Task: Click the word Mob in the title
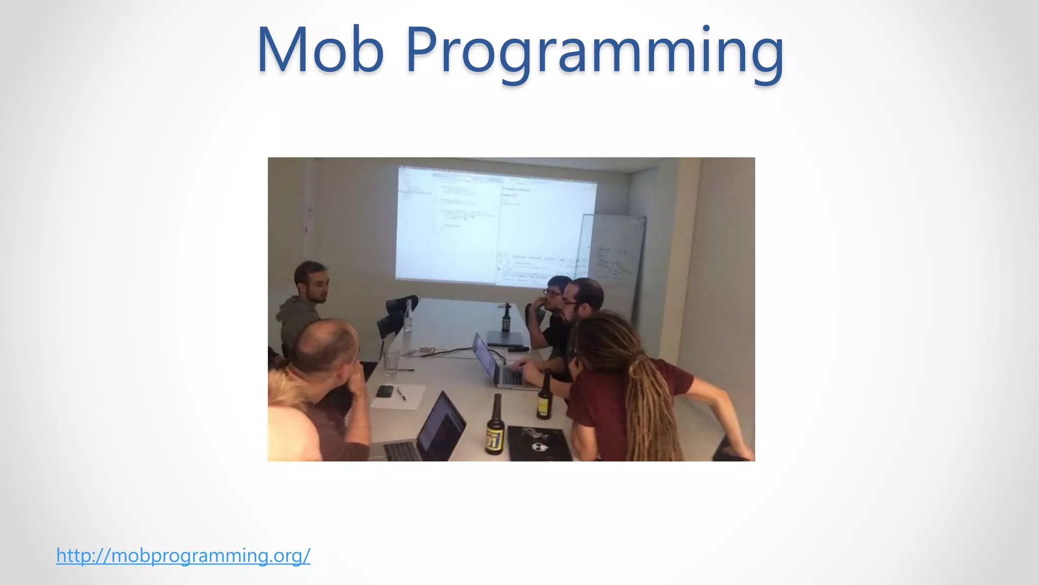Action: [x=320, y=51]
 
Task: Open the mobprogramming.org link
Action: [x=183, y=556]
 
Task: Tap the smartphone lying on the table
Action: [x=385, y=391]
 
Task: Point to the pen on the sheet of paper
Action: [x=401, y=394]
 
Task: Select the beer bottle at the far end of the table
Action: [x=506, y=318]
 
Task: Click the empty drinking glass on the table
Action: [x=391, y=363]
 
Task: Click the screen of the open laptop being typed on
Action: [x=484, y=358]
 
